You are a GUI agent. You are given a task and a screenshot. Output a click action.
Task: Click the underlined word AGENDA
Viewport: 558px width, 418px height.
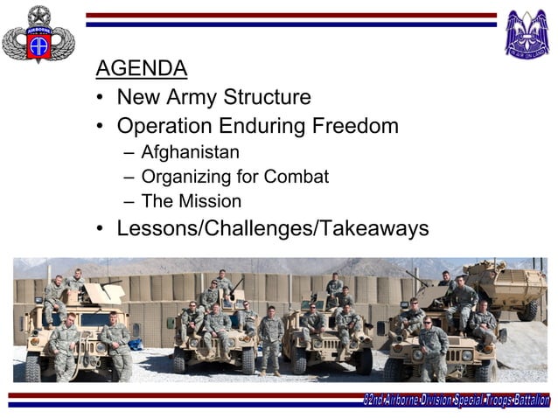point(141,68)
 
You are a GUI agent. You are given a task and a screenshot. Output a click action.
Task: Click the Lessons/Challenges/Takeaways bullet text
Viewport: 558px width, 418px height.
point(272,229)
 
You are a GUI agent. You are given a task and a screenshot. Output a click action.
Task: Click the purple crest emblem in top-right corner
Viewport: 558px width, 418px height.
point(527,33)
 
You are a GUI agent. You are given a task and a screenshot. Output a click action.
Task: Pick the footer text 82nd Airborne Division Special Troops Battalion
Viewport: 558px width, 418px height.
point(457,401)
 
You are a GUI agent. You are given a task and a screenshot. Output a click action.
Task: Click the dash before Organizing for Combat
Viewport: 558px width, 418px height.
point(129,178)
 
